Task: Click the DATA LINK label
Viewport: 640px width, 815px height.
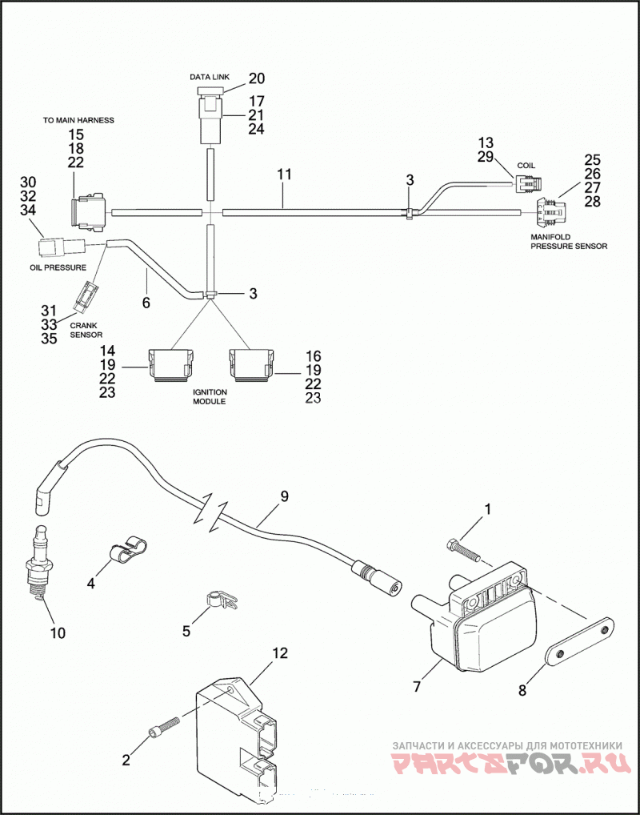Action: click(x=210, y=77)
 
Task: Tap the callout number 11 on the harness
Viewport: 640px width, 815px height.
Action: click(x=284, y=175)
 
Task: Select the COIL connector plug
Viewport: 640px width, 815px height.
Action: click(x=528, y=183)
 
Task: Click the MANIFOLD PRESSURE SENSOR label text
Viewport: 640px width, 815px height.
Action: click(x=568, y=241)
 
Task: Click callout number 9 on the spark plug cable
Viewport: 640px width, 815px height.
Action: click(x=284, y=496)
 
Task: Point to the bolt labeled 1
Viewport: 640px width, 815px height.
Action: click(x=462, y=552)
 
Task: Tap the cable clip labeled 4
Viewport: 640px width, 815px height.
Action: click(x=127, y=552)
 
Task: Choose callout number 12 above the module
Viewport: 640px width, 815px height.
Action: click(x=279, y=654)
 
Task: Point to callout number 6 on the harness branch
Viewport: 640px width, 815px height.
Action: click(x=146, y=302)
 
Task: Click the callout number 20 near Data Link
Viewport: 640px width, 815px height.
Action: click(x=256, y=78)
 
